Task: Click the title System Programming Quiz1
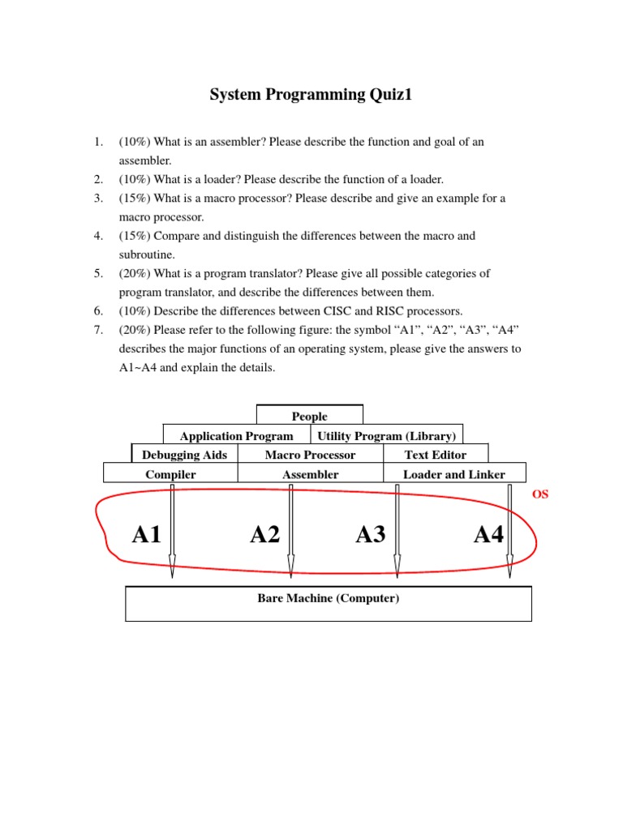[311, 95]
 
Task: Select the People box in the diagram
[310, 416]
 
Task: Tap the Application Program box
[236, 435]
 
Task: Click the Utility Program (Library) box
[386, 435]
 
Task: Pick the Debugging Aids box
[185, 455]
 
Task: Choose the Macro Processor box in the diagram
[310, 455]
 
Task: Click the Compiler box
[170, 474]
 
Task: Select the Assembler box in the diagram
[310, 474]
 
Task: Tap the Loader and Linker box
[453, 474]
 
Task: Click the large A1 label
[147, 535]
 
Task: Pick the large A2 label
[264, 535]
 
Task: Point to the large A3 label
[370, 535]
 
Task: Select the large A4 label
[488, 535]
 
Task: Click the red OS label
[540, 494]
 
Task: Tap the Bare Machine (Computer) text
[328, 598]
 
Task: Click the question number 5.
[97, 273]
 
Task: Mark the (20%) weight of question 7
[134, 330]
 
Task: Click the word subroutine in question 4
[147, 255]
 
